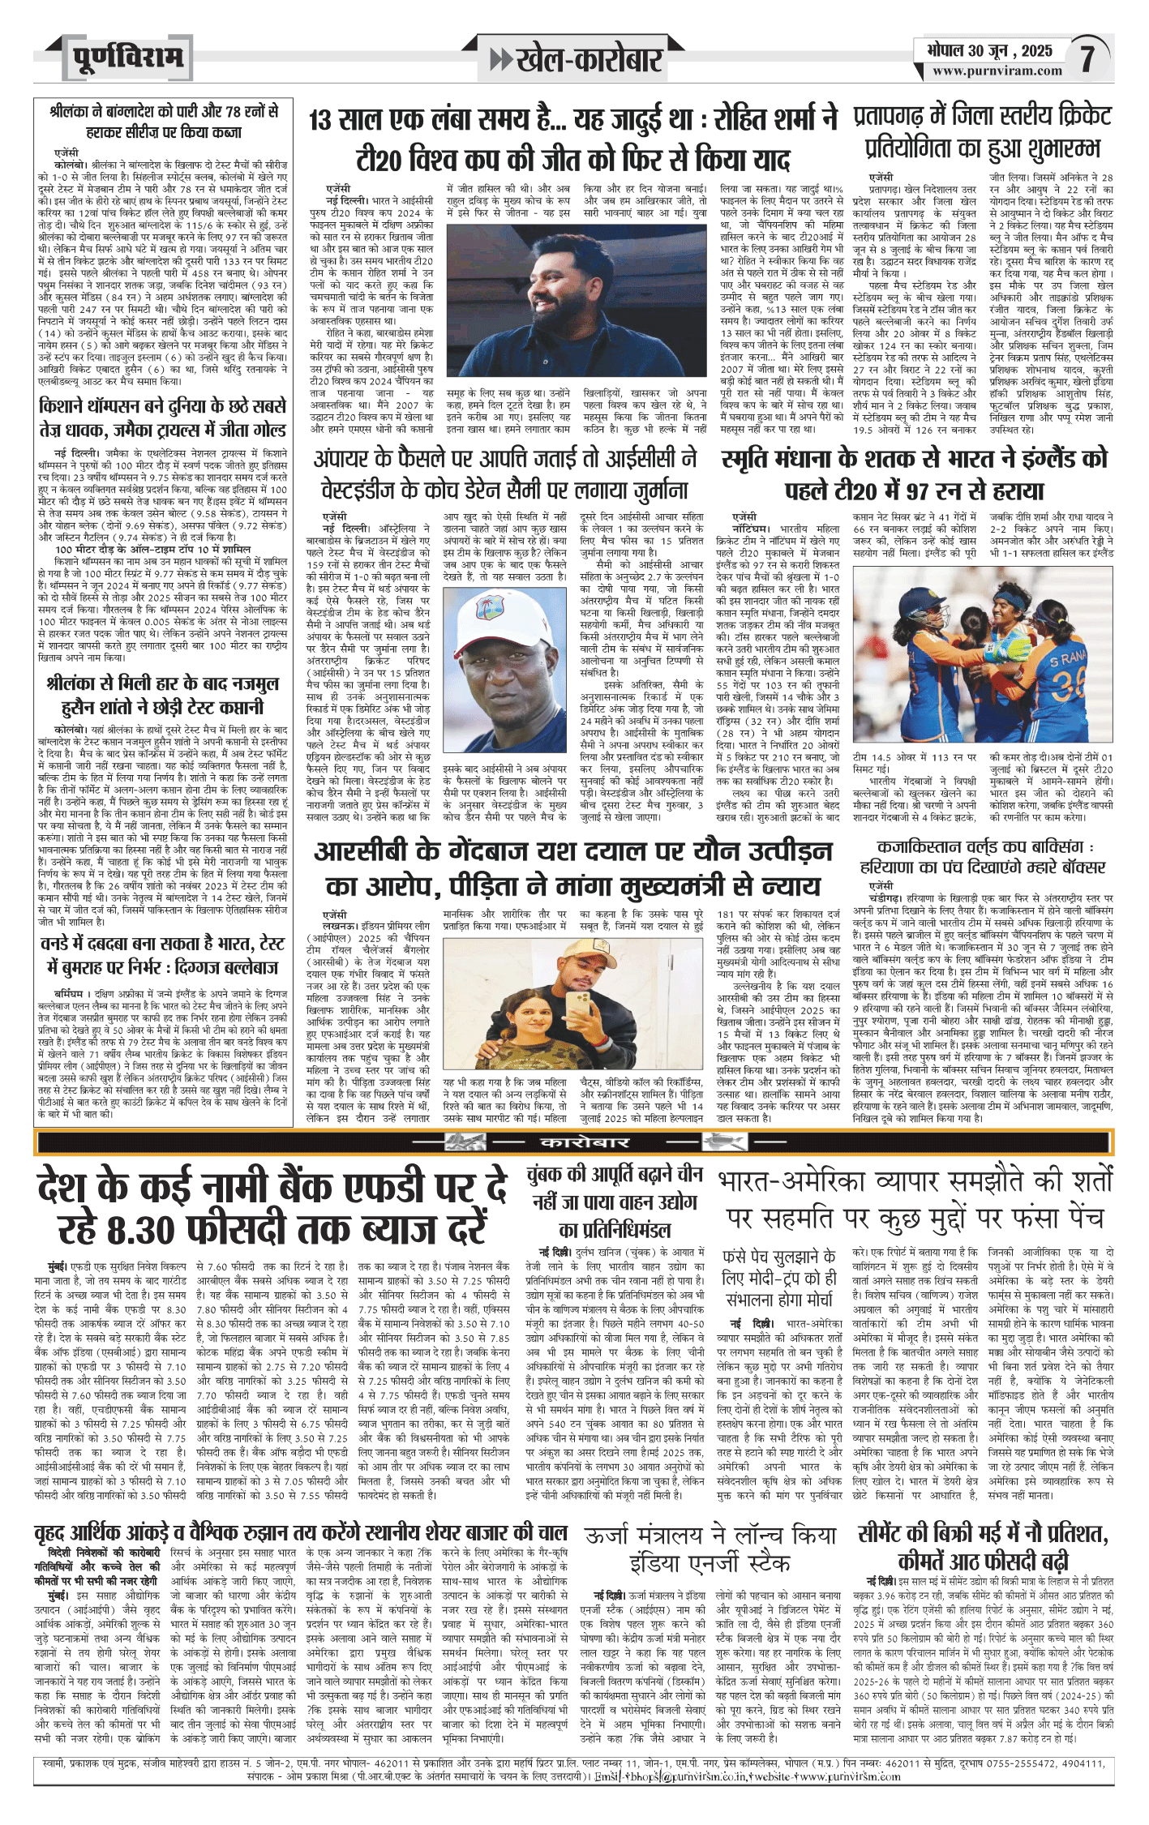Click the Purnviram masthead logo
(x=125, y=59)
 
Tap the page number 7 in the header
(x=1087, y=59)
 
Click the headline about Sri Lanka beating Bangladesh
(x=162, y=121)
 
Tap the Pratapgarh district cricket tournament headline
(x=983, y=132)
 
